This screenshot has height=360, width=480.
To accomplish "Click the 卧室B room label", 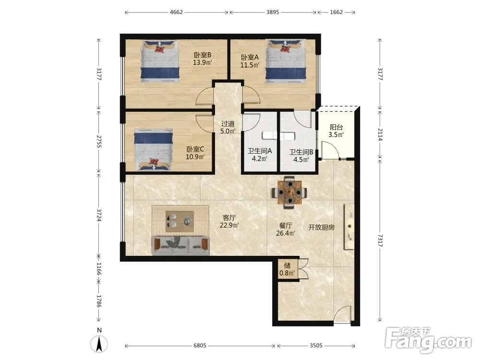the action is tap(203, 55).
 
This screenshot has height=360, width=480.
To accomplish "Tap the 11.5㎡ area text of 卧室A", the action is tap(250, 65).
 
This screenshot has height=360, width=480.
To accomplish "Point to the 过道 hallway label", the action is tap(228, 124).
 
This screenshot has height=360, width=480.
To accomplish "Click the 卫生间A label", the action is tap(260, 151).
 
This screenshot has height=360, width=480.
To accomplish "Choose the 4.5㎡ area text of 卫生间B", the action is tap(301, 159).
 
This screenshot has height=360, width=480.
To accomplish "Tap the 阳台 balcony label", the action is tap(336, 127).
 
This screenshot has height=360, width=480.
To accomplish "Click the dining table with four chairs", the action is tap(289, 192).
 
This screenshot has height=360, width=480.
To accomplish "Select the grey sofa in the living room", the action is tap(181, 245).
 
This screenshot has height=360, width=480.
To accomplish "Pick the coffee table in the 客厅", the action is tap(180, 221).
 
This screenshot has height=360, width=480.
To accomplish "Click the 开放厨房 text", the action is tap(321, 228).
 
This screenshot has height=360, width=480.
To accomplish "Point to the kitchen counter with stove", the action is tap(349, 227).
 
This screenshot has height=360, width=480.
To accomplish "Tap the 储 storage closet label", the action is tap(287, 265).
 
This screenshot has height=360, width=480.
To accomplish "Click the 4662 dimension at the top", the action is tap(176, 12).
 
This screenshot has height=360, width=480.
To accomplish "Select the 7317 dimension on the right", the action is tap(380, 240).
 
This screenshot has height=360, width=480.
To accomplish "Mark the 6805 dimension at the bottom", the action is tap(200, 346).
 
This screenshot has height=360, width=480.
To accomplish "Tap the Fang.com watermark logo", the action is tap(428, 340).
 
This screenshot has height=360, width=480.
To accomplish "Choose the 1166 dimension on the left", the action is tap(98, 268).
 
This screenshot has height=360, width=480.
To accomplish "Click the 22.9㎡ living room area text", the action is tap(229, 225).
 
